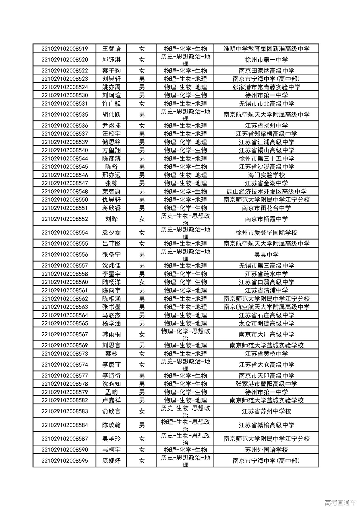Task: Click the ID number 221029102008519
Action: [x=65, y=49]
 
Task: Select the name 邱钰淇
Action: [x=111, y=60]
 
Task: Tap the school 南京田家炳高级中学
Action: [x=266, y=71]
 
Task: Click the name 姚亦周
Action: [x=111, y=87]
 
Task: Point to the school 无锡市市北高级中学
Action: [x=266, y=104]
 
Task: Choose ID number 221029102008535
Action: [x=65, y=115]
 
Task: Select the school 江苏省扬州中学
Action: [x=266, y=126]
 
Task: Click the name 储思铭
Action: [x=111, y=142]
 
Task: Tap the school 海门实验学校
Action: [x=266, y=175]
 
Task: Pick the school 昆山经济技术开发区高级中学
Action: [x=266, y=191]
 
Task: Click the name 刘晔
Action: [x=111, y=219]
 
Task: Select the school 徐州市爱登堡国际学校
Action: [x=266, y=233]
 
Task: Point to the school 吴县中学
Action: [x=266, y=255]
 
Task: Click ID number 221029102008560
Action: [x=65, y=282]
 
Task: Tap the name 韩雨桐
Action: [x=111, y=335]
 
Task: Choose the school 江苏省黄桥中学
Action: [x=266, y=354]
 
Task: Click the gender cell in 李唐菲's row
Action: [x=142, y=365]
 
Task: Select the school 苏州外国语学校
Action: [x=266, y=450]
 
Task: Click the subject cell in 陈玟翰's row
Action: [x=185, y=425]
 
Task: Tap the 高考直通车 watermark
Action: [x=340, y=503]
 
